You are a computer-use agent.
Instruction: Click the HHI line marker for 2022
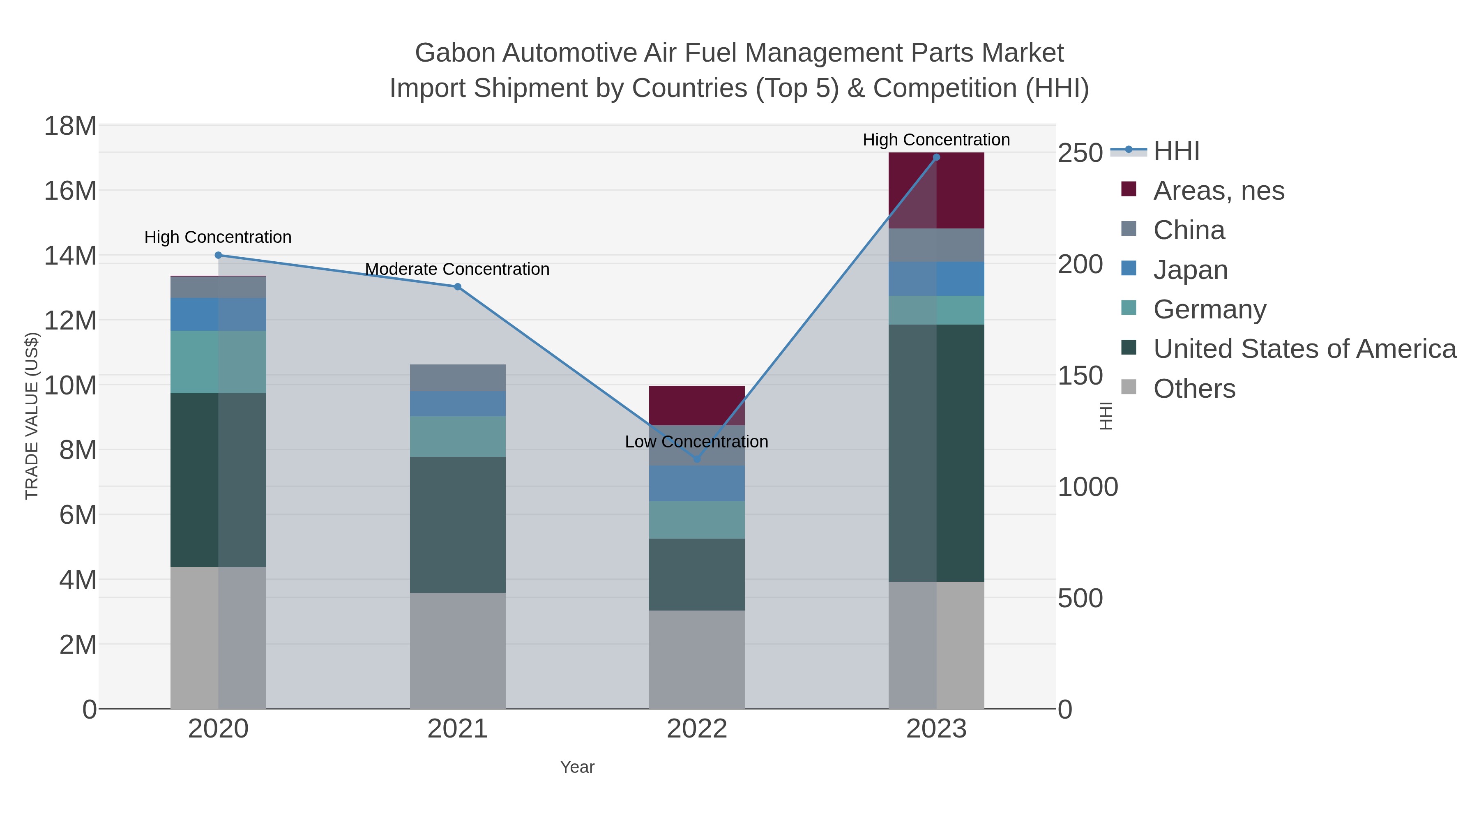(697, 459)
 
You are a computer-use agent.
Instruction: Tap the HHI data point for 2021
(458, 286)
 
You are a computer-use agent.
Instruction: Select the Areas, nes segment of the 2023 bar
(936, 191)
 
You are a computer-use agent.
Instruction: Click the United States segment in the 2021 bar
(458, 525)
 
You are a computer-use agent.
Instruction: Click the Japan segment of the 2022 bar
(697, 484)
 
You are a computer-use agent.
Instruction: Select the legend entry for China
(1189, 230)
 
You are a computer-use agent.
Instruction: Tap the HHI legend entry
(1176, 151)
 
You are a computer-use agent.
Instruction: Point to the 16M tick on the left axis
(70, 191)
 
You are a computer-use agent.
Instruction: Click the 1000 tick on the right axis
(1087, 487)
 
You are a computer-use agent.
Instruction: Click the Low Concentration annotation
(696, 442)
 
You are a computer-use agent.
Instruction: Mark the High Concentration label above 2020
(218, 237)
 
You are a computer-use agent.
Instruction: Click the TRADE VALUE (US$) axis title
(32, 416)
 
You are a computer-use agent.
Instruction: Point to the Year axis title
(577, 767)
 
